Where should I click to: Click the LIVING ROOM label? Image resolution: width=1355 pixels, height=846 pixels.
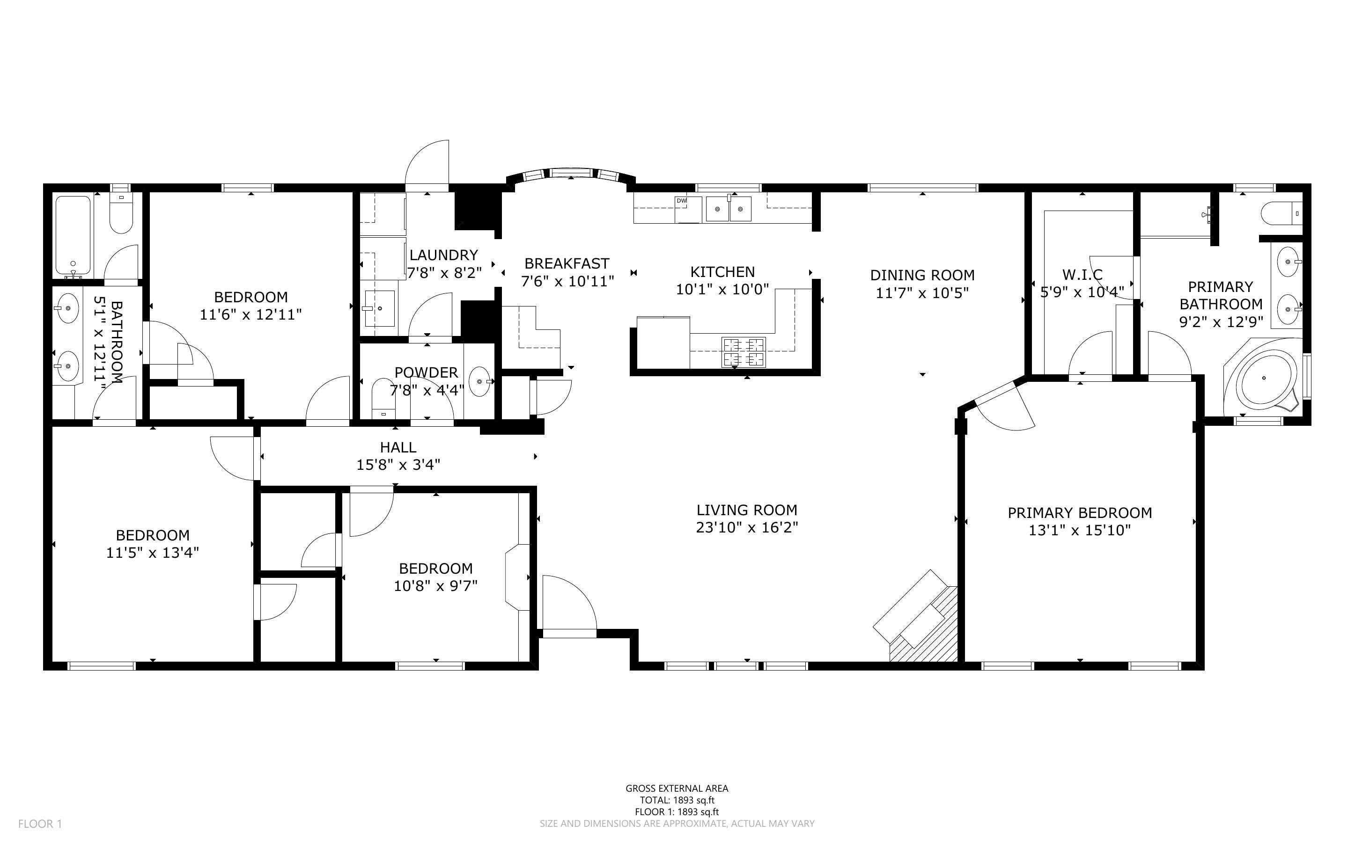(747, 510)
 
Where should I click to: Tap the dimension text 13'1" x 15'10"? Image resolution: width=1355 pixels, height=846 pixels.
(1080, 530)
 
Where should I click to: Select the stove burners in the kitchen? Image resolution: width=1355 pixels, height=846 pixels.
(744, 352)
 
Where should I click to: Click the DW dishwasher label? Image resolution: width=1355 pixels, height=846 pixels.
(681, 200)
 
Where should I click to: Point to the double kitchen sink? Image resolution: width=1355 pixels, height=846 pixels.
(728, 209)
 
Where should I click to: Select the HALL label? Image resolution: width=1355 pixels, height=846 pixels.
(398, 447)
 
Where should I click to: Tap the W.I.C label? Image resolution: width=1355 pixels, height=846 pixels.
(1083, 275)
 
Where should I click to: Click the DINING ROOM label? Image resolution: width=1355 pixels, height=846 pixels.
(922, 275)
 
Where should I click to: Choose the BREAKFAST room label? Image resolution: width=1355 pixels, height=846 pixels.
(567, 263)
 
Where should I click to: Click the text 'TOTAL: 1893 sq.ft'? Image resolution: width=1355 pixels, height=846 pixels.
(677, 800)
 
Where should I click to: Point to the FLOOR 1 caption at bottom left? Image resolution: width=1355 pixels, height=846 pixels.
(40, 824)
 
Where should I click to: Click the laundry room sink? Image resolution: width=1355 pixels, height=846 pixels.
(379, 308)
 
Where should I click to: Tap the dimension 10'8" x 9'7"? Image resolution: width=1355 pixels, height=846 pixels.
(435, 586)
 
